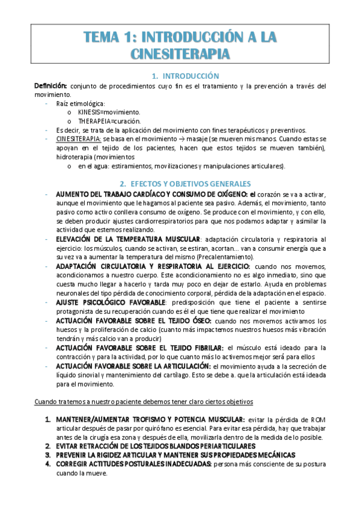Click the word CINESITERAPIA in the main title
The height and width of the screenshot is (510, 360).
[180, 55]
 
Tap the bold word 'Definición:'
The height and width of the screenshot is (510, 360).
[50, 86]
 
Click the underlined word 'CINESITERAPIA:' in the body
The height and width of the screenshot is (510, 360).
[75, 138]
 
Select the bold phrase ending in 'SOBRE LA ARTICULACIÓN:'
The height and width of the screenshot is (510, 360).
[133, 366]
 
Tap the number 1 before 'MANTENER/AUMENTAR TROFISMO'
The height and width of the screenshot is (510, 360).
[48, 419]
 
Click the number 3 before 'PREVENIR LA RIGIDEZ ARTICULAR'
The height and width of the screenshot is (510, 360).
[48, 455]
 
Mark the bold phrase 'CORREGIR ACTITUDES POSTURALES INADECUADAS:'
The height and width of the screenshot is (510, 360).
[133, 464]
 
